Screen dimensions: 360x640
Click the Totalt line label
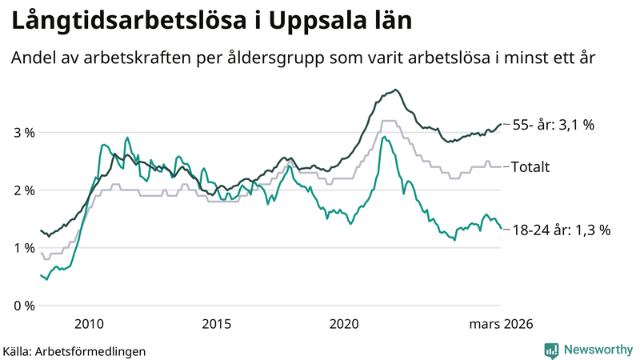530,166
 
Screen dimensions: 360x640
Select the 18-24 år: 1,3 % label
561,230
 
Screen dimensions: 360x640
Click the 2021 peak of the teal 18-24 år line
385,137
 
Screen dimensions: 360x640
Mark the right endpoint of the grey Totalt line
501,166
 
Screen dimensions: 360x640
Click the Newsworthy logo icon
551,350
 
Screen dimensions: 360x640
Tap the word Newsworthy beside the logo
598,350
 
